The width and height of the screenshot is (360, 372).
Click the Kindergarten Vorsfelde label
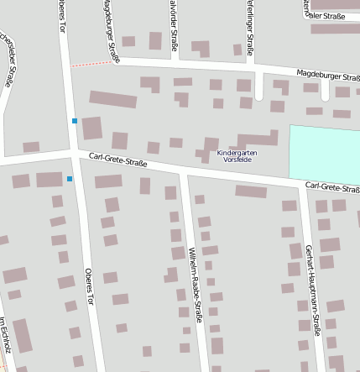(x=237, y=156)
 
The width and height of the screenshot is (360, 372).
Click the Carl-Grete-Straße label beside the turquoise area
(x=332, y=186)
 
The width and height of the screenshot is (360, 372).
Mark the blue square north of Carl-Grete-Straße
(x=75, y=121)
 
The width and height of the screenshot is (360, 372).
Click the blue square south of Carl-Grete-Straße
(x=70, y=178)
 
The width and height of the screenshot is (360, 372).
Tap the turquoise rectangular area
(x=324, y=152)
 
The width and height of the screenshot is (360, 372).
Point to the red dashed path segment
(x=91, y=64)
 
